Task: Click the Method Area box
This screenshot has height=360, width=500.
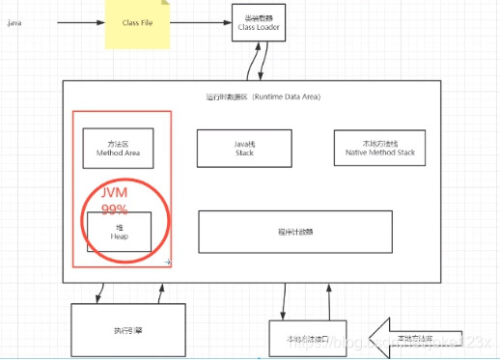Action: pos(119,148)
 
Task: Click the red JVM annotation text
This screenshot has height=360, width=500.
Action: pos(115,191)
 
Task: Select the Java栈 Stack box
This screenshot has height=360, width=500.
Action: pos(244,148)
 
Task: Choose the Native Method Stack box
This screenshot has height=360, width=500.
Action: pos(378,148)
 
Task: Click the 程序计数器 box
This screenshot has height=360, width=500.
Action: pos(294,232)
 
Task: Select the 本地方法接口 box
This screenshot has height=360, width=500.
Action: pos(306,339)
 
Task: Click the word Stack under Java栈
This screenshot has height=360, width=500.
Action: pos(244,152)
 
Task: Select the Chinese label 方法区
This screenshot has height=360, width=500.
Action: pos(119,142)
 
